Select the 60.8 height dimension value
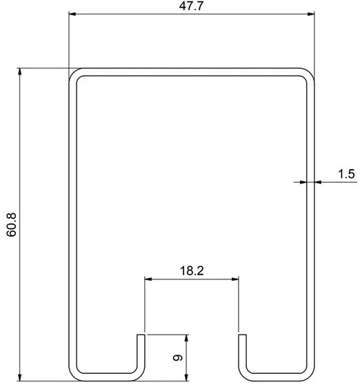click(x=12, y=224)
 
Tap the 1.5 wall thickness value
click(x=346, y=174)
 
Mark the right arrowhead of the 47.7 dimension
click(x=310, y=14)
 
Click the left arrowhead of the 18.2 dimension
click(x=148, y=279)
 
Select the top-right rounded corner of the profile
click(x=308, y=74)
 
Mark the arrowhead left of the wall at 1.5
click(x=301, y=181)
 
